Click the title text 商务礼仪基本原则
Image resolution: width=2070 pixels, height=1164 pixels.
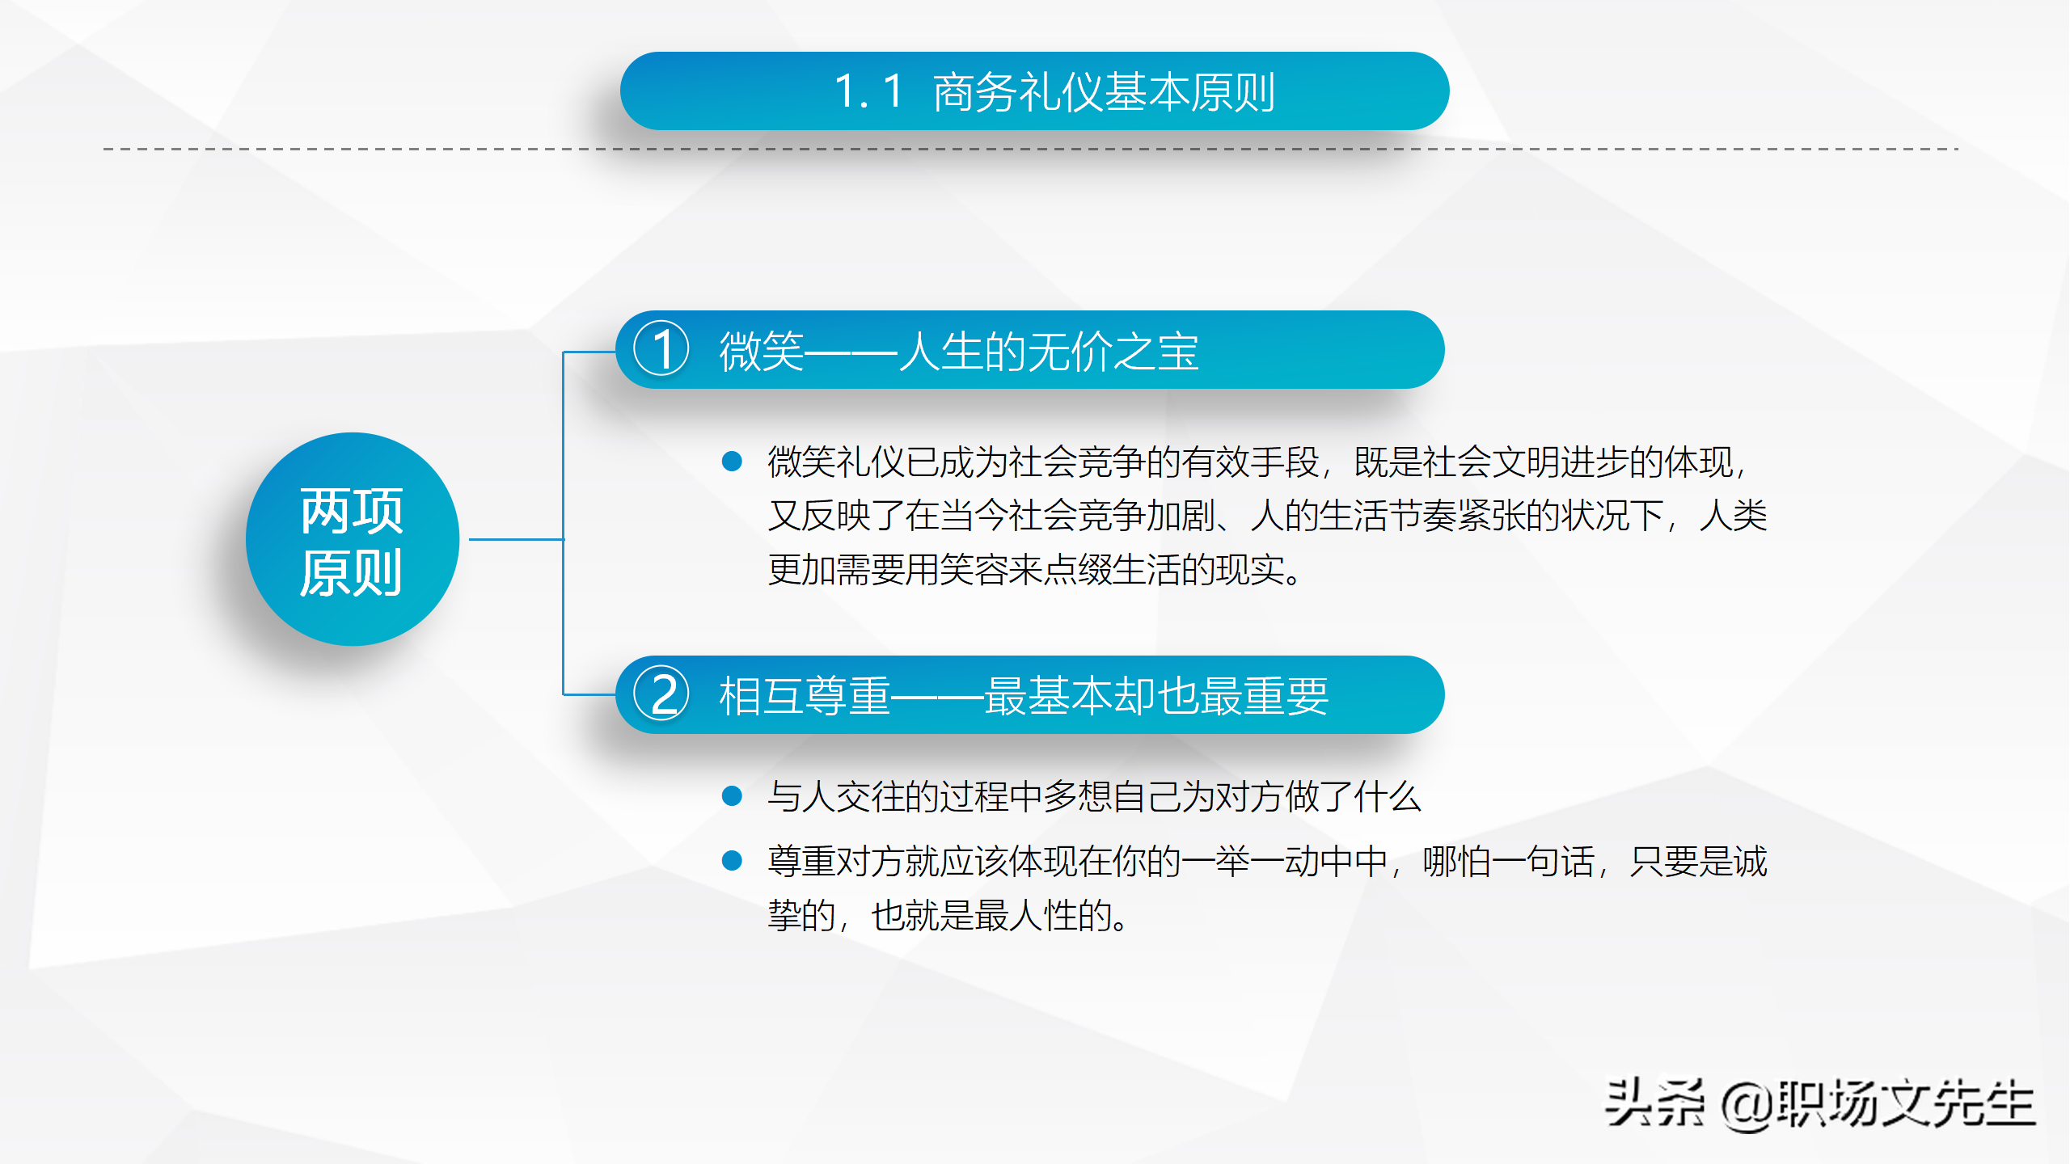[x=1104, y=92]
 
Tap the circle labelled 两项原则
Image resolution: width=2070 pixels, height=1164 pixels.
[x=353, y=539]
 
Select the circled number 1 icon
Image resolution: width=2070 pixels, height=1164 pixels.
[x=661, y=350]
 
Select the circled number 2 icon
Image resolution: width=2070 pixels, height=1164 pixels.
[x=661, y=694]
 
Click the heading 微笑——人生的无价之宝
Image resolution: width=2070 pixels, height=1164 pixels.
[x=958, y=352]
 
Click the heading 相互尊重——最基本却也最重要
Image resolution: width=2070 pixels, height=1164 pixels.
[x=1023, y=696]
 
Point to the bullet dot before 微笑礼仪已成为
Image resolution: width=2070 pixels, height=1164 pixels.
[x=732, y=462]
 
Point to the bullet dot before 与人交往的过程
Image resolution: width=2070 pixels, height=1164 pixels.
[x=732, y=796]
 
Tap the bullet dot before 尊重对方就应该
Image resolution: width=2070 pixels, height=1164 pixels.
[x=732, y=861]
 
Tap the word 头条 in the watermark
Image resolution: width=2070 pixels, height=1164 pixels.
[x=1654, y=1103]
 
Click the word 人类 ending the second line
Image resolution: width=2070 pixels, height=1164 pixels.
[x=1733, y=516]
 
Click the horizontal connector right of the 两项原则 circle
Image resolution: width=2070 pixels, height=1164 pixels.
[x=516, y=539]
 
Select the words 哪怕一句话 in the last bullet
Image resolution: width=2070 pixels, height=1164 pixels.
[x=1508, y=862]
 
